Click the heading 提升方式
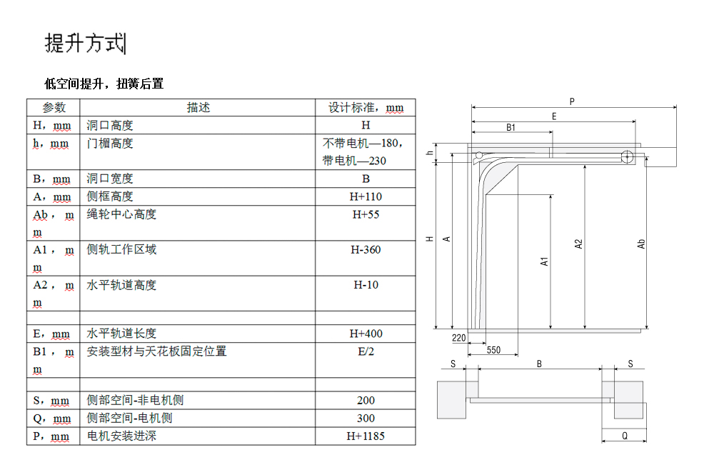click(x=84, y=44)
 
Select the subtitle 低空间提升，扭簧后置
click(x=104, y=84)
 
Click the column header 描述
click(x=198, y=107)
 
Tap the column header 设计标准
click(x=365, y=108)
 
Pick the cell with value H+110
click(x=366, y=196)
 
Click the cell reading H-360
click(x=366, y=249)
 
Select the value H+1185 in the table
click(x=366, y=436)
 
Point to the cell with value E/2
click(x=366, y=351)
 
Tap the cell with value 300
click(x=366, y=418)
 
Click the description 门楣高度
click(x=110, y=143)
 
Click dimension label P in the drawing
click(x=572, y=102)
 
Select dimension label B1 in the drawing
click(x=511, y=128)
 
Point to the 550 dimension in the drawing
click(x=493, y=350)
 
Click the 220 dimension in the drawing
click(x=459, y=337)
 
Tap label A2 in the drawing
click(x=579, y=244)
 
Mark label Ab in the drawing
click(x=641, y=244)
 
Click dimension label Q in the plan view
click(x=624, y=435)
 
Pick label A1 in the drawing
click(x=544, y=261)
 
